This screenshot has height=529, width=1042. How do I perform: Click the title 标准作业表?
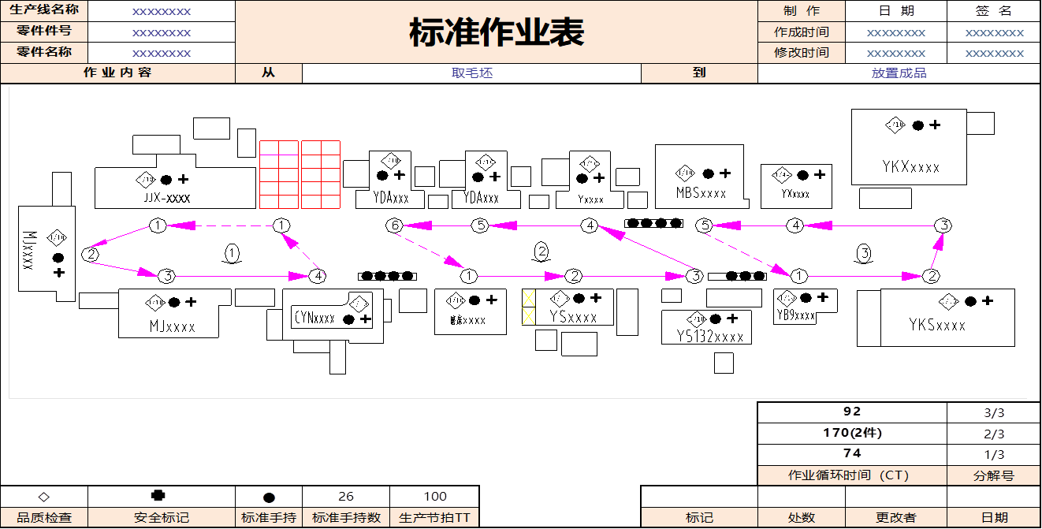click(x=497, y=33)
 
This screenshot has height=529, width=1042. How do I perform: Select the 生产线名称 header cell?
click(x=44, y=10)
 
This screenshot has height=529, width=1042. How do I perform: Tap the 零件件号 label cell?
click(x=44, y=32)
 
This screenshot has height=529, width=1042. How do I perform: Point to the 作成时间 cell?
click(x=801, y=32)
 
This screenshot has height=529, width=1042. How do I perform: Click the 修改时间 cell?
click(x=801, y=53)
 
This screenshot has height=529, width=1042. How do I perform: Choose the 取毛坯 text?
click(x=471, y=73)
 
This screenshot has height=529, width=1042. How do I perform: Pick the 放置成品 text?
click(x=899, y=73)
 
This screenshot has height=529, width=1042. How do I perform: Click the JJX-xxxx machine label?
click(x=167, y=199)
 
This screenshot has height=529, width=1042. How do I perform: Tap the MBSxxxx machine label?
click(x=701, y=193)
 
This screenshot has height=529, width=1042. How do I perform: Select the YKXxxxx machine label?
click(x=911, y=167)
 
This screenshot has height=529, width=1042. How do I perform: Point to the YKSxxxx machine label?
click(x=937, y=325)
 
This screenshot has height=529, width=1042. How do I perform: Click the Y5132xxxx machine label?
click(x=709, y=337)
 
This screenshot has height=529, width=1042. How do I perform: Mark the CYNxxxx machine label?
click(x=314, y=319)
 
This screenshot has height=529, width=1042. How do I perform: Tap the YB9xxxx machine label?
click(x=795, y=315)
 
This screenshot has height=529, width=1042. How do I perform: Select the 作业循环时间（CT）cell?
click(x=852, y=475)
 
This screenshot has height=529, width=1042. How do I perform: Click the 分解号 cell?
click(x=993, y=475)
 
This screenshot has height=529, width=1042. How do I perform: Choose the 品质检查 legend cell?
click(x=44, y=518)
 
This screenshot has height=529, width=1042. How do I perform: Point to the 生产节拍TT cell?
click(x=434, y=518)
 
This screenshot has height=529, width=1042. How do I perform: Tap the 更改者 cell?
click(x=895, y=518)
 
